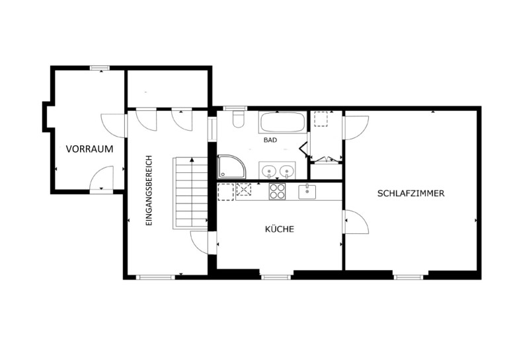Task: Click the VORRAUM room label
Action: [x=90, y=149]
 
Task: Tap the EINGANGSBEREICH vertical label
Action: [x=149, y=191]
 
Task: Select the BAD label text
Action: [x=270, y=140]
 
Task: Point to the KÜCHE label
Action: [x=280, y=229]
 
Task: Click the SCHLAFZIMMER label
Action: [x=411, y=194]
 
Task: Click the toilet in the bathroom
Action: [x=238, y=119]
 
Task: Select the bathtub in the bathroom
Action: [x=282, y=122]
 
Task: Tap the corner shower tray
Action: [x=231, y=166]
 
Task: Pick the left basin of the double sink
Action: [x=269, y=170]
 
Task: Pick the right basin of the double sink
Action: [x=286, y=170]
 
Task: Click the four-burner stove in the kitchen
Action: [x=277, y=192]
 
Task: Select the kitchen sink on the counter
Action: [x=307, y=192]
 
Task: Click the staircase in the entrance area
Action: [x=190, y=194]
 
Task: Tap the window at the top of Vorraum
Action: [x=100, y=68]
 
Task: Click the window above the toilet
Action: [x=235, y=108]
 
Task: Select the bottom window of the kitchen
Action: [x=276, y=277]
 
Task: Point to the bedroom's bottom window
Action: [x=409, y=277]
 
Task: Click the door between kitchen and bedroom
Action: [x=356, y=221]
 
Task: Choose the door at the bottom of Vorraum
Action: [x=102, y=180]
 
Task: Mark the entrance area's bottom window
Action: [x=155, y=277]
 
